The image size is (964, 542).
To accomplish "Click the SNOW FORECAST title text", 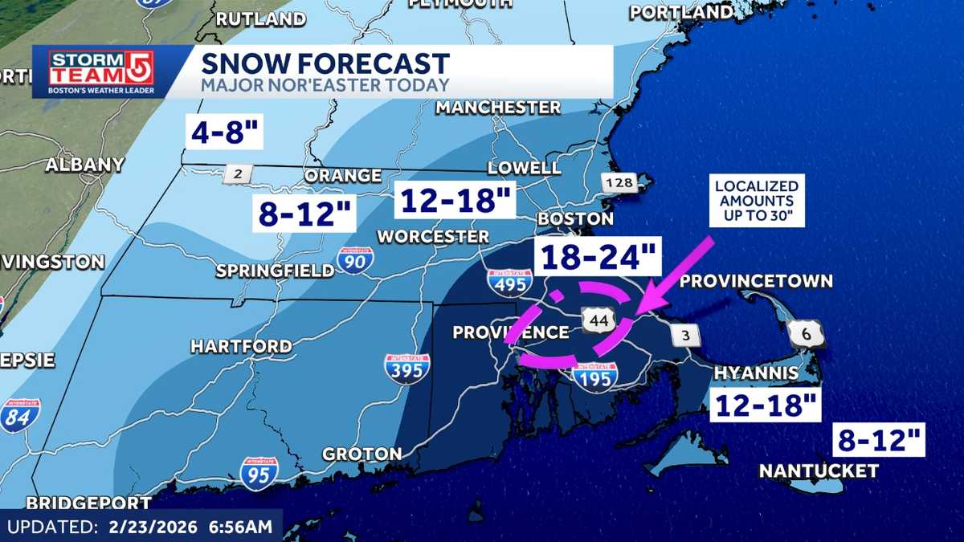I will (325, 63).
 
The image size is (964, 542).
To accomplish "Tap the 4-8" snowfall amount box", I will (225, 132).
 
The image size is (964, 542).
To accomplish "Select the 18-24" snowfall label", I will (598, 258).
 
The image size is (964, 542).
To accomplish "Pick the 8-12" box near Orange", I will (304, 214).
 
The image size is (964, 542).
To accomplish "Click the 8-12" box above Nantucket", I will (879, 440).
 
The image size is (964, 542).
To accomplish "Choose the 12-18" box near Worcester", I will (454, 200).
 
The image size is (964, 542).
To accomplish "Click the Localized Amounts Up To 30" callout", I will (756, 200).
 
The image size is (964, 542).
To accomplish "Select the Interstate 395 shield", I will (406, 368).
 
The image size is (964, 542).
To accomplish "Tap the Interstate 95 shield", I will (259, 473).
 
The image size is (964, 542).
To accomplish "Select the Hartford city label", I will (241, 346).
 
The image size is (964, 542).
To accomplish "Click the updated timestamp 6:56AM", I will (242, 528).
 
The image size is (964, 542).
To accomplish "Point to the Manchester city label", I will (498, 107).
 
